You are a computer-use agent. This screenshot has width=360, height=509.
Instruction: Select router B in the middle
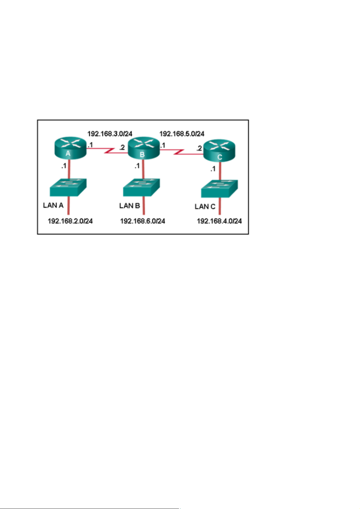144,148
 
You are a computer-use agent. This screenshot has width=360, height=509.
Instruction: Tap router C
219,150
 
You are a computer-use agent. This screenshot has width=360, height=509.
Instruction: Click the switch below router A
68,187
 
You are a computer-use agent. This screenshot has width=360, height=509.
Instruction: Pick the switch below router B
141,188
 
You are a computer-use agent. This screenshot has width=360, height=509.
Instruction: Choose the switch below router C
219,189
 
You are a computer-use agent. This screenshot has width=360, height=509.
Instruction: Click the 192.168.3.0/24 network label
110,134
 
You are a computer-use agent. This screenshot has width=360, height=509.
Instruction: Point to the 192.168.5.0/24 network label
182,134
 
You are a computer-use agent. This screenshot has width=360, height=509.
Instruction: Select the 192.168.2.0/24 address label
70,221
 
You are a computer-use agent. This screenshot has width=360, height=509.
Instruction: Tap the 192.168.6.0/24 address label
143,221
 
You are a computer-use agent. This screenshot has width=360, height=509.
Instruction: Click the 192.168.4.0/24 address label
219,221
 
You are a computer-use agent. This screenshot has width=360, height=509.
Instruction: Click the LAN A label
53,205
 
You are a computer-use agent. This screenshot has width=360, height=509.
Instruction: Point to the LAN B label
130,206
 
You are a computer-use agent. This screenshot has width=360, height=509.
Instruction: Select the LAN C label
205,207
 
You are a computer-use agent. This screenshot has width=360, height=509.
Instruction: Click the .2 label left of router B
122,147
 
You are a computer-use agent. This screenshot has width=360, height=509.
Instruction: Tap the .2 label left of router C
199,148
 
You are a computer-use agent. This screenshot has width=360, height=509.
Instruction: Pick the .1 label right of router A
90,145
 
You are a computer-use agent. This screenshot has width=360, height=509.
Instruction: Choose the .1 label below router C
213,169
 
